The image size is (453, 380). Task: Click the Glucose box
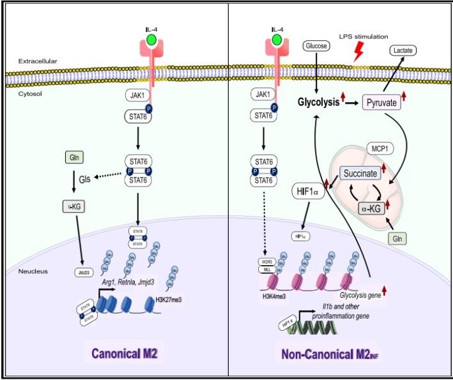(316, 46)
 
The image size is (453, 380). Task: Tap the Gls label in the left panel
(84, 180)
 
